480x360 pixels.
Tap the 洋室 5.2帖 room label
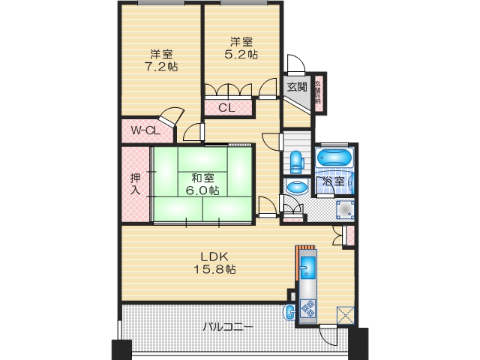click(x=241, y=48)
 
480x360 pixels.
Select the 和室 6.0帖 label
click(x=202, y=184)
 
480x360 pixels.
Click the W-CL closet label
click(x=145, y=131)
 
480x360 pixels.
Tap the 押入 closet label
click(x=135, y=184)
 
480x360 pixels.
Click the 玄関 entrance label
click(x=296, y=86)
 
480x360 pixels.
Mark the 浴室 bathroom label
click(x=334, y=181)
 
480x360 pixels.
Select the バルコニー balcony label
click(x=228, y=328)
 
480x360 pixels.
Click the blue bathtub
click(x=332, y=158)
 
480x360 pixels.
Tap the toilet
click(x=296, y=159)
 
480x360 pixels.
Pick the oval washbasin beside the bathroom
click(x=296, y=187)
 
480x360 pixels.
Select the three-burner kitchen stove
click(x=308, y=307)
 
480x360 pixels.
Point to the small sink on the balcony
click(x=289, y=313)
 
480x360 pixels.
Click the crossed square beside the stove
click(x=346, y=316)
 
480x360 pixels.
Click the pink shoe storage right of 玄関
click(x=319, y=94)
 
